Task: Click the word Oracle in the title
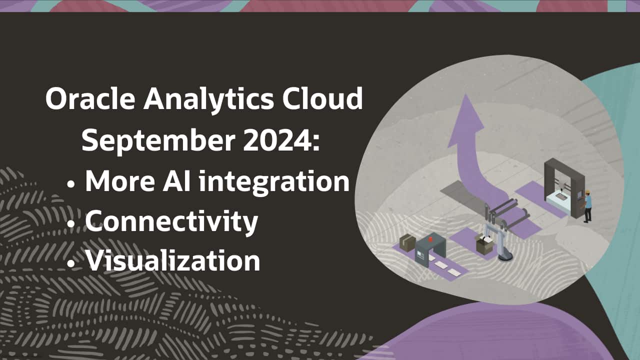pos(90,99)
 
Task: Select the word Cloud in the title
pos(322,98)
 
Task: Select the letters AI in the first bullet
pos(176,181)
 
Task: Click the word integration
pos(274,182)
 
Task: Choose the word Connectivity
pos(171,221)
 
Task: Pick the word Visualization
pos(173,260)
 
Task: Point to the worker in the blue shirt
pos(587,206)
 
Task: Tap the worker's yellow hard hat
pos(587,192)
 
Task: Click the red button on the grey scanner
pos(430,239)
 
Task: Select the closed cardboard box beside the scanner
pos(407,242)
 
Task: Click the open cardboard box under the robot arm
pos(484,244)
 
